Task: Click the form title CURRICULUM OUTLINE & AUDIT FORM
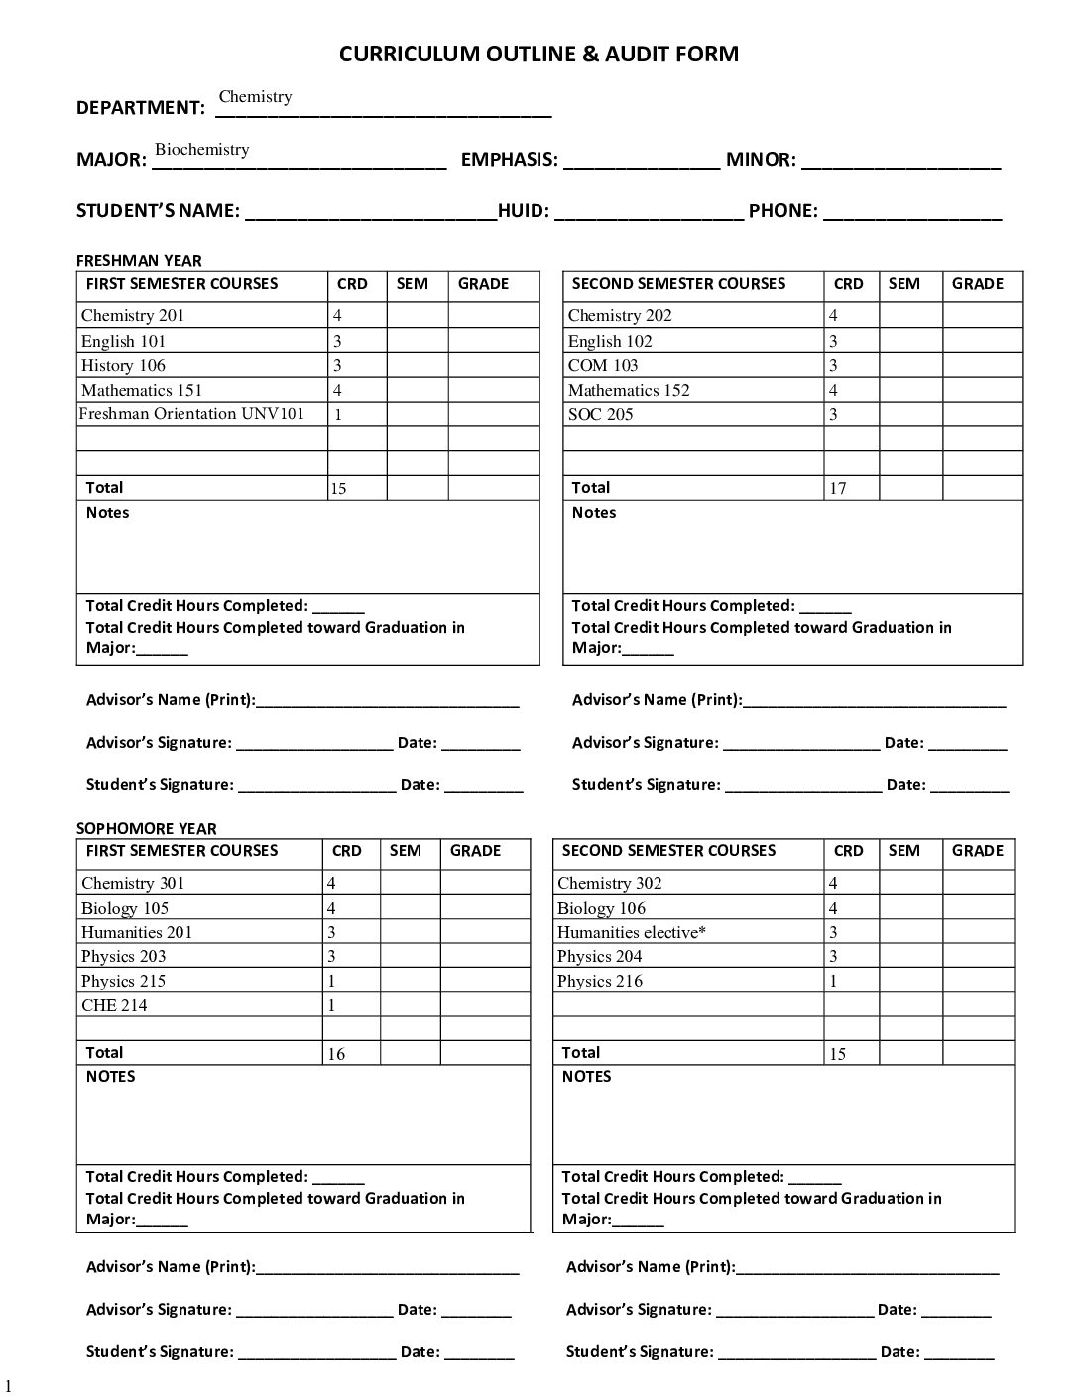[x=539, y=55]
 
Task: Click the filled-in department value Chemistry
[x=255, y=97]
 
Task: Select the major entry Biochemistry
[x=201, y=150]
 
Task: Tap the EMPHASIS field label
[x=509, y=160]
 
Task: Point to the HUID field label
[x=523, y=211]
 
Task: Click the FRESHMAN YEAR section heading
[x=139, y=261]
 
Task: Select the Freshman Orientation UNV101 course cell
[x=191, y=414]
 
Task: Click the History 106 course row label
[x=123, y=366]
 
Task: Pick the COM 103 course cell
[x=603, y=366]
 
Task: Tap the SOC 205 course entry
[x=600, y=415]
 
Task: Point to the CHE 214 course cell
[x=114, y=1005]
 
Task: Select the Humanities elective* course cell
[x=632, y=932]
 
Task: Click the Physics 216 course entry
[x=599, y=982]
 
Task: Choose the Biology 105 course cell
[x=125, y=908]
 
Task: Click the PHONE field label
[x=782, y=211]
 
